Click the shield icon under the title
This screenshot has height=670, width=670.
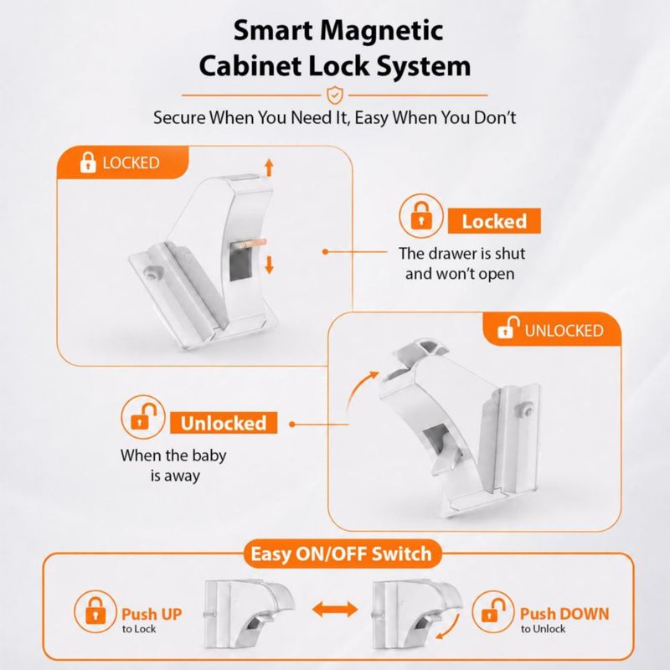(334, 95)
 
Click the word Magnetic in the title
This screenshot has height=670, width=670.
(381, 31)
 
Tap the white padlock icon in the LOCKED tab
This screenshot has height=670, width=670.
(88, 162)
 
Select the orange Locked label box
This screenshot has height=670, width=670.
(494, 221)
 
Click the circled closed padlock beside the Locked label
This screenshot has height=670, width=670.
(421, 216)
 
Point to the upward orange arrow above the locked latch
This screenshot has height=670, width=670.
(269, 167)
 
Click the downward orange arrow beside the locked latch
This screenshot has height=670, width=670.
(269, 265)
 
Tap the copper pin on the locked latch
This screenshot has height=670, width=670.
(249, 244)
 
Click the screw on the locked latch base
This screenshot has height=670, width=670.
(152, 273)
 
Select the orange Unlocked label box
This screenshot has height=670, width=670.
(224, 423)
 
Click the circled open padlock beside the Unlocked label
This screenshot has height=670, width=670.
(142, 417)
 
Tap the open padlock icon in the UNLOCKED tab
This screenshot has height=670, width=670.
(508, 327)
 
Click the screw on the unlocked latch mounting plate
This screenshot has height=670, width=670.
(528, 410)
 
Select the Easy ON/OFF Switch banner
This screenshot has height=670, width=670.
(342, 554)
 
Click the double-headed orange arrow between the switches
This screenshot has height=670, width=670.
(334, 610)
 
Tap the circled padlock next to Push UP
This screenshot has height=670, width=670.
(95, 611)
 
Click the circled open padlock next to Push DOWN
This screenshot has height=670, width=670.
(493, 611)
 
